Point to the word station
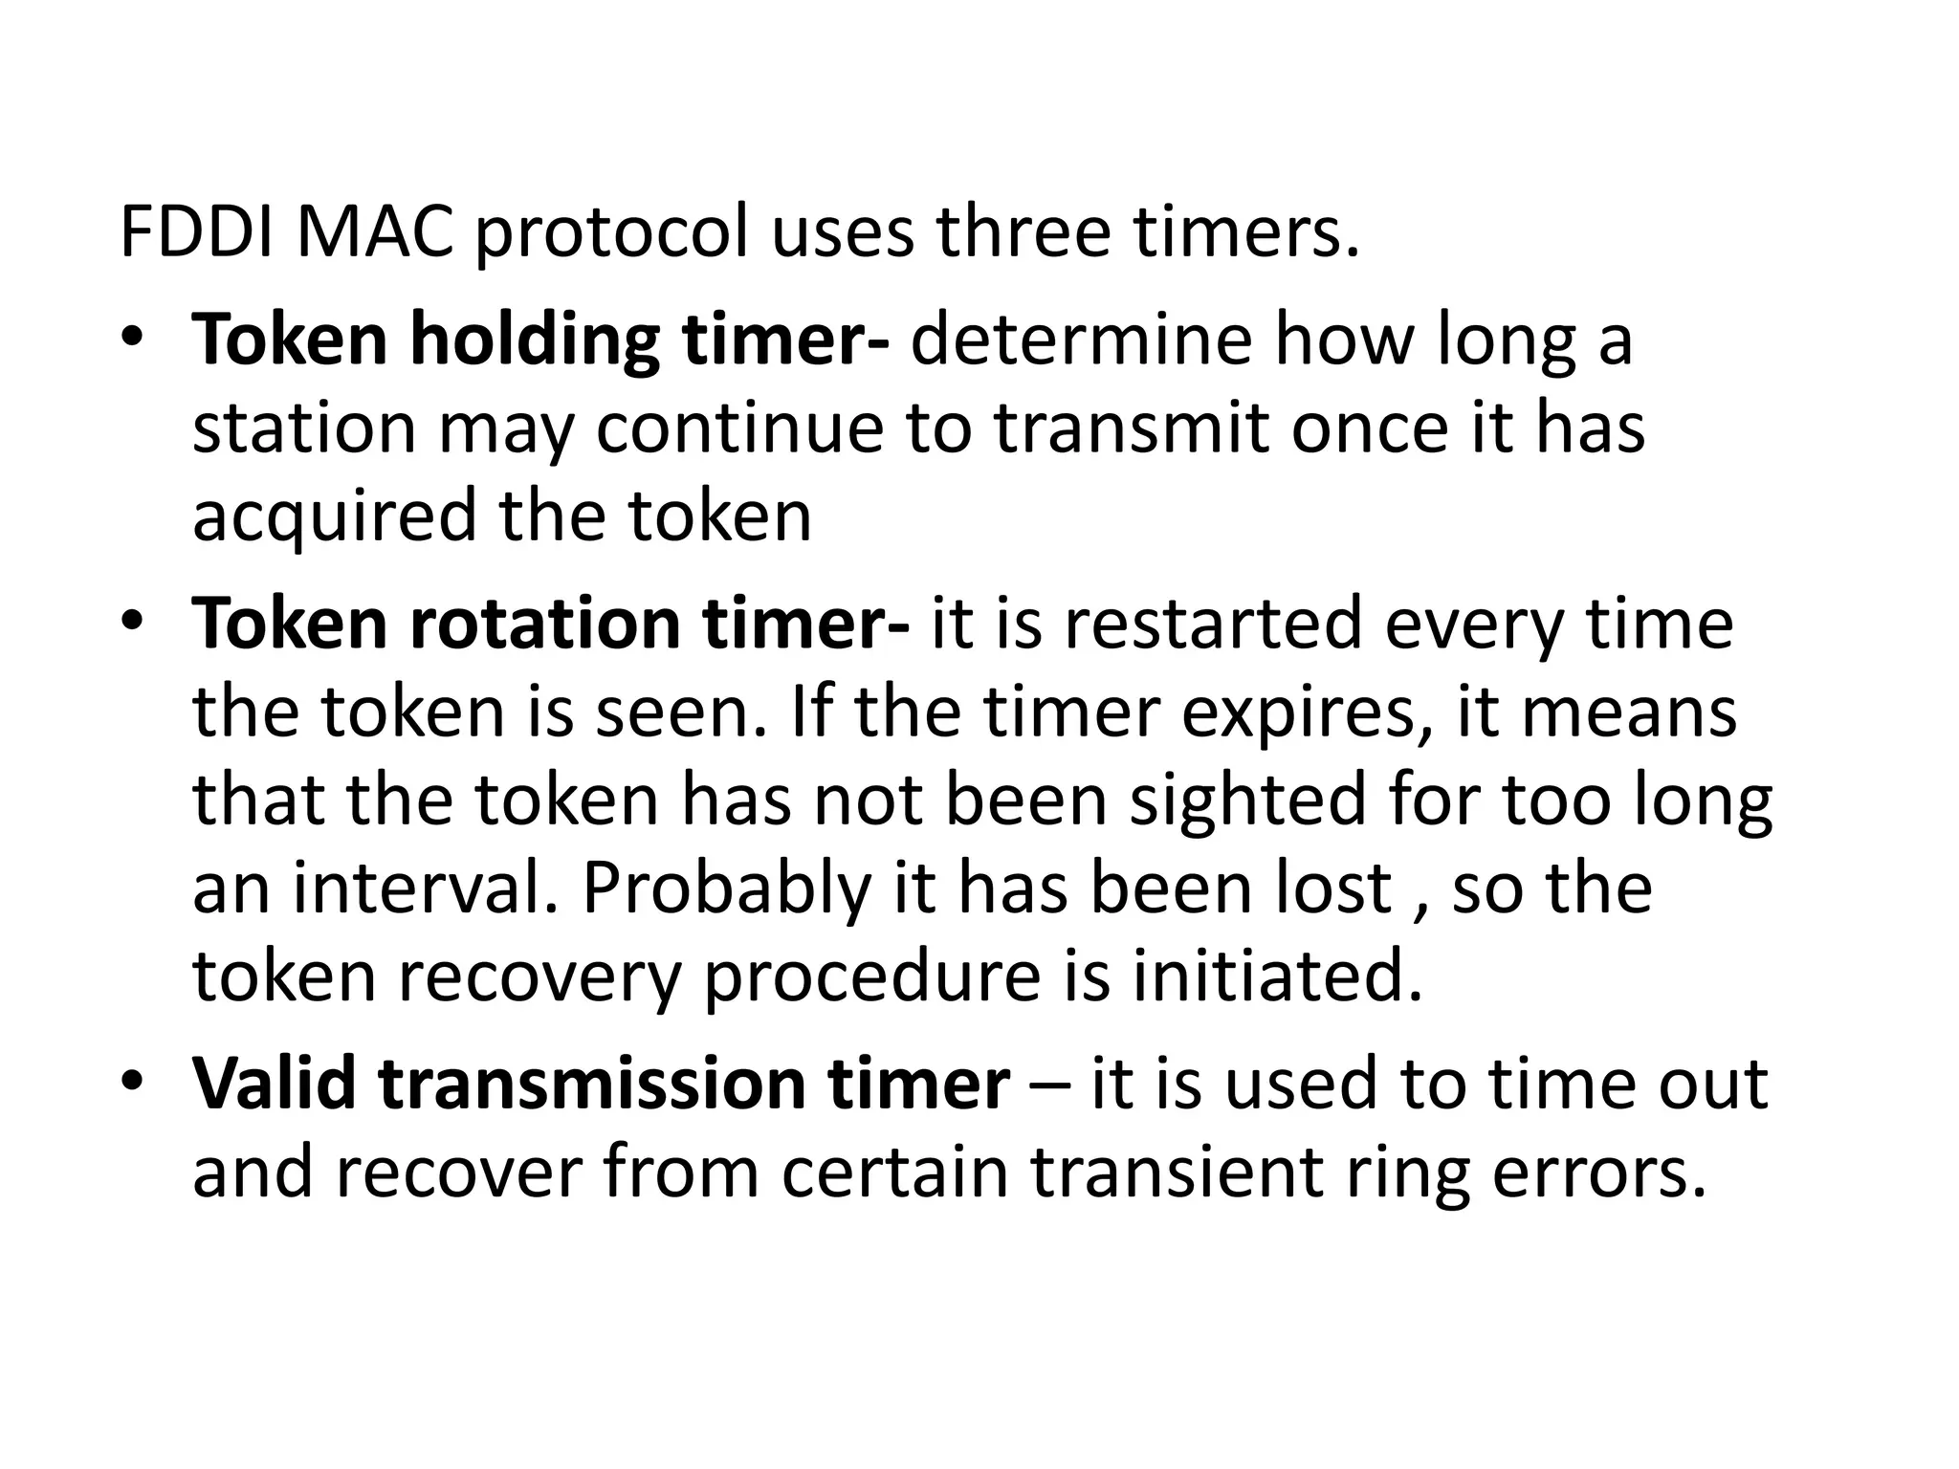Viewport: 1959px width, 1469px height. (304, 428)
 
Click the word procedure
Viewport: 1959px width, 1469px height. (871, 978)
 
